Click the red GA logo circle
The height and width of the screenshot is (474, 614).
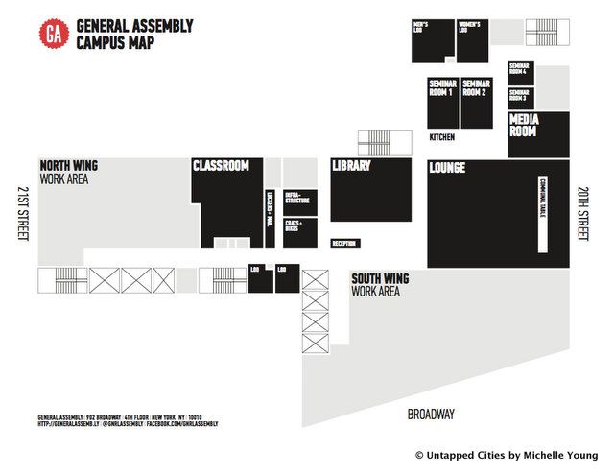coord(54,34)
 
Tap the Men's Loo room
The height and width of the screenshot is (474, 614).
coord(431,39)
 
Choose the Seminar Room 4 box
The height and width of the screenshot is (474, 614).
coord(519,72)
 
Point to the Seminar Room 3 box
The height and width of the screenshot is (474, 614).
coord(519,96)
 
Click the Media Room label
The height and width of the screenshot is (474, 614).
coord(524,126)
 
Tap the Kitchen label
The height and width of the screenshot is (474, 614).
coord(442,137)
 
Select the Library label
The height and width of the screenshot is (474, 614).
coord(351,166)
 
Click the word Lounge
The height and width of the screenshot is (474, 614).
coord(448,168)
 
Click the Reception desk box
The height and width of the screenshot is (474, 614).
coord(344,244)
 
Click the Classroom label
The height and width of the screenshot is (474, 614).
coord(221,166)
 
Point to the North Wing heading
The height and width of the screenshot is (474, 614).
coord(68,166)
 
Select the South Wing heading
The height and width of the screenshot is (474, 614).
coord(380,279)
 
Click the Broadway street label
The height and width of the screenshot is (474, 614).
coord(431,415)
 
